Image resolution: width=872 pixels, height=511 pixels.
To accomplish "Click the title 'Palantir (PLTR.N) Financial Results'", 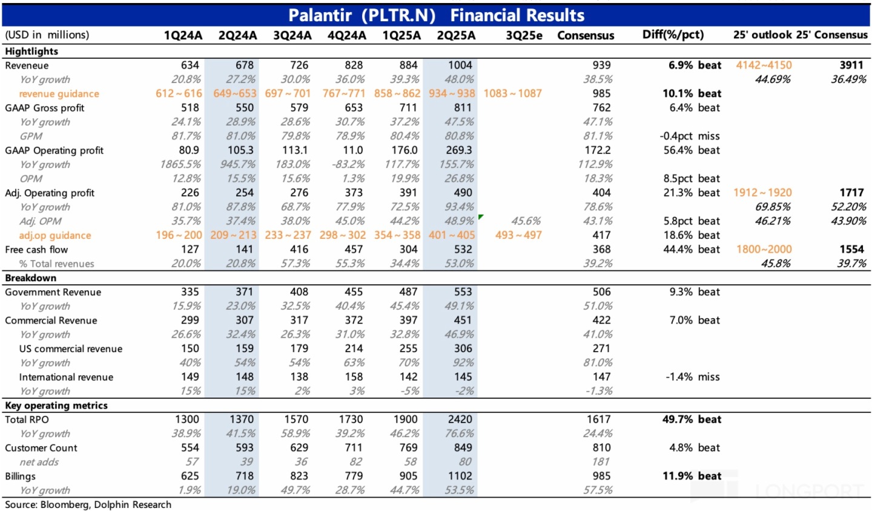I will tap(436, 15).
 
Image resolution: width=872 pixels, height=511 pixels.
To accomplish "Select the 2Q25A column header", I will tap(456, 35).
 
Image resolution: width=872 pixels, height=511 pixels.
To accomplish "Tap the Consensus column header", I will tap(586, 35).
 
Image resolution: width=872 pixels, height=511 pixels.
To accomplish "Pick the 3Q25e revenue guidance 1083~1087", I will tap(512, 93).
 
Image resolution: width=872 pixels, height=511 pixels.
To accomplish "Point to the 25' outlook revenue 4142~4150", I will tap(764, 65).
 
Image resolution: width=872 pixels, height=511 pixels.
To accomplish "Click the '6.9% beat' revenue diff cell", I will tap(695, 65).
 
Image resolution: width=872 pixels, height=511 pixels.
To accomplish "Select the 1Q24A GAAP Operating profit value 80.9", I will tap(189, 150).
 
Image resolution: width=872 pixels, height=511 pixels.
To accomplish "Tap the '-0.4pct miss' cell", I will tap(690, 136).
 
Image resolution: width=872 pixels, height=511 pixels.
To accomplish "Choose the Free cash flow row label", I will tap(36, 250).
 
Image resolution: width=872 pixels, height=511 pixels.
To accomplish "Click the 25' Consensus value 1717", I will tap(851, 193).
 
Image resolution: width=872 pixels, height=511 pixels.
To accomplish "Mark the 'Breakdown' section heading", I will tap(30, 278).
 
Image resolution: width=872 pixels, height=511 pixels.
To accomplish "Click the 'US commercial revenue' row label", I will tap(71, 349).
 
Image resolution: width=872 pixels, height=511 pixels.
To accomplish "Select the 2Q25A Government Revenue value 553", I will tap(463, 292).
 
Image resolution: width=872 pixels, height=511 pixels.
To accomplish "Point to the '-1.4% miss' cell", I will tap(693, 377).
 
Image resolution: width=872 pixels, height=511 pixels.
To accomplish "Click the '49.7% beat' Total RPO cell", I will tap(692, 419).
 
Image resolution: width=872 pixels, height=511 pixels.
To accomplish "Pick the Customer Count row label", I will tap(41, 448).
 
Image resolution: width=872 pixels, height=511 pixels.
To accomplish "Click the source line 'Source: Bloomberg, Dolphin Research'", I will tap(88, 504).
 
